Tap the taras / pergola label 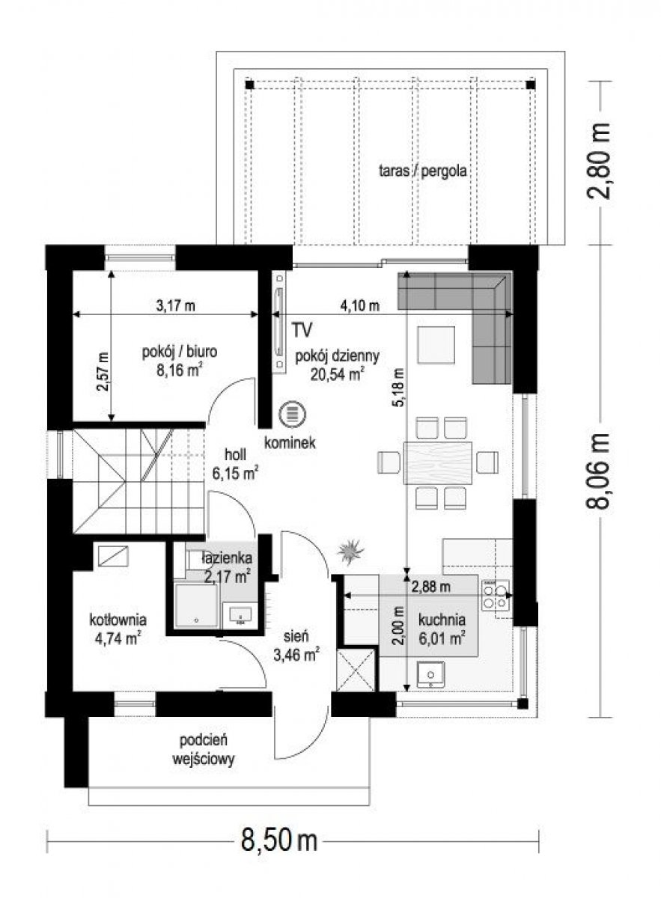pyautogui.click(x=423, y=171)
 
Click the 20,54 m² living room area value pyautogui.click(x=338, y=374)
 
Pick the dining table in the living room pyautogui.click(x=438, y=463)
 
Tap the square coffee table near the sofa pyautogui.click(x=436, y=345)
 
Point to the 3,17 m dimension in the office pyautogui.click(x=175, y=306)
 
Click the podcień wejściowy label pyautogui.click(x=204, y=749)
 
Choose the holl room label pyautogui.click(x=235, y=454)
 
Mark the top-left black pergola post pyautogui.click(x=249, y=85)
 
